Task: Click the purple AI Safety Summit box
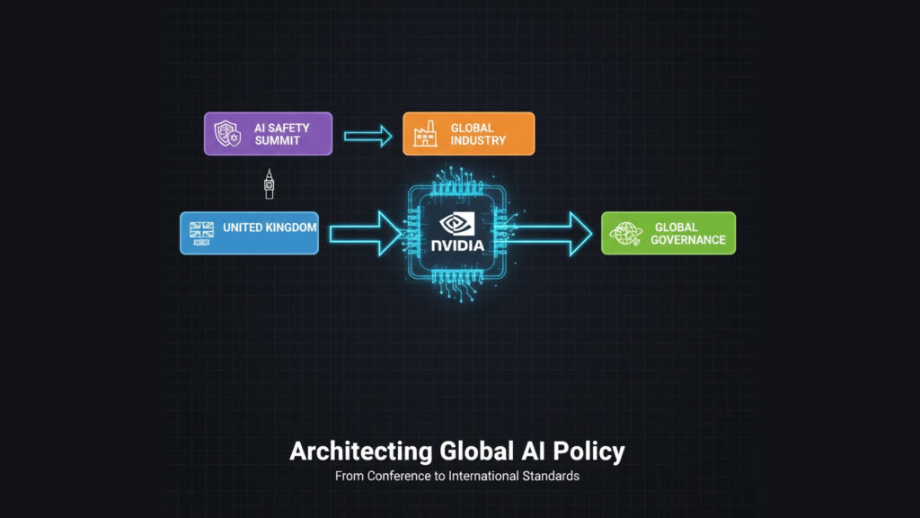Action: pyautogui.click(x=268, y=134)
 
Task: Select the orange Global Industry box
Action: pyautogui.click(x=468, y=134)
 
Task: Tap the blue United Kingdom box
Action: pyautogui.click(x=249, y=233)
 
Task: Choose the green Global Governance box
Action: pyautogui.click(x=668, y=233)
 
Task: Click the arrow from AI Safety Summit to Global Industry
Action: pyautogui.click(x=367, y=137)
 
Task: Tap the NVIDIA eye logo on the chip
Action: pyautogui.click(x=456, y=224)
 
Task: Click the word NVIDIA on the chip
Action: pyautogui.click(x=456, y=245)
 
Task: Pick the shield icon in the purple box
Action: pyautogui.click(x=224, y=134)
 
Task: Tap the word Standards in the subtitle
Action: pyautogui.click(x=551, y=476)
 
